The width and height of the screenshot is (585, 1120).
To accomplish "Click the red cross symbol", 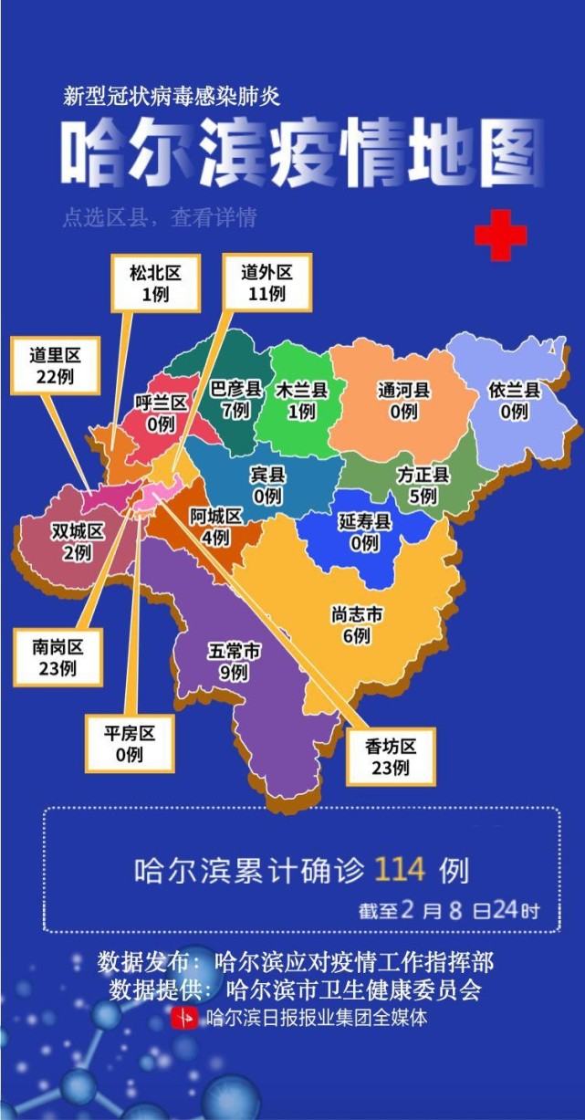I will click(500, 235).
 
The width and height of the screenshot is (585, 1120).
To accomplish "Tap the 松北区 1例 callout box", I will click(150, 283).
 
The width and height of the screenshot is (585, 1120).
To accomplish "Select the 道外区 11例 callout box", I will click(266, 282).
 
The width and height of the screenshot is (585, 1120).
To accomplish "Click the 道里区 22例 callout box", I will click(55, 365).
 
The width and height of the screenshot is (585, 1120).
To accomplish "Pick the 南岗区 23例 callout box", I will click(57, 657).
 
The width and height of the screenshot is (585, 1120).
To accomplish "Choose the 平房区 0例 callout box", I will click(130, 743).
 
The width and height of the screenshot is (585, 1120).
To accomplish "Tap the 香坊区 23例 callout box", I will click(391, 756).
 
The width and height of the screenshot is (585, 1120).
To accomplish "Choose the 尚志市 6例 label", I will click(356, 625).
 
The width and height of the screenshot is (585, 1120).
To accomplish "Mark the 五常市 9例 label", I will click(235, 662).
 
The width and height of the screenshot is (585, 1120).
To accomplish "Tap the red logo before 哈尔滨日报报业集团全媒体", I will click(185, 1017).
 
